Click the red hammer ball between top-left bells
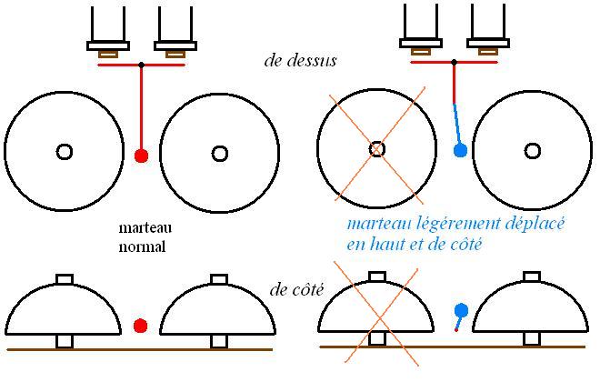coord(141,156)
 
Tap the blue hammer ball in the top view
coord(460,149)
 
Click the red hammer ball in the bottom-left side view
coord(140,326)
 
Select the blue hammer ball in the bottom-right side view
coord(461,311)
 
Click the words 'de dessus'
coord(301,61)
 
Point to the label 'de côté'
coord(298,290)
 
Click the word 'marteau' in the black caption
coord(145,229)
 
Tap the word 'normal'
coord(141,246)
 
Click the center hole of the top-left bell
coord(64,152)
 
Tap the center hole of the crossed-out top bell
coord(377,148)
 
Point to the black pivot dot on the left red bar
coord(141,65)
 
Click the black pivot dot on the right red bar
coord(454,63)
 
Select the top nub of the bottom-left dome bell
coord(64,278)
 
